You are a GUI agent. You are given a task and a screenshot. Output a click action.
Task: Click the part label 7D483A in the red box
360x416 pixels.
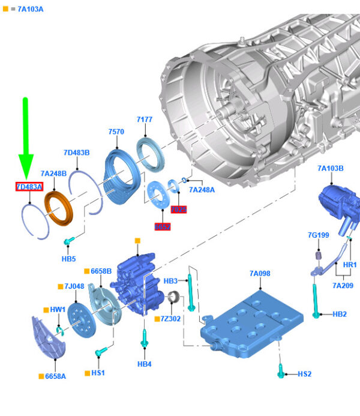[29, 187]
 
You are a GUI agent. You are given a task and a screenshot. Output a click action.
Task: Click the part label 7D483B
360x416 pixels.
[77, 153]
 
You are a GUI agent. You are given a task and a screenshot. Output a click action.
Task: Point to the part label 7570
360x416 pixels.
[116, 131]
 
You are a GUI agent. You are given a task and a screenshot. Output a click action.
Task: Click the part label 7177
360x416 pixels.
[145, 119]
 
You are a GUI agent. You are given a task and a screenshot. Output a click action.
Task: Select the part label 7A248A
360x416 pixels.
[202, 190]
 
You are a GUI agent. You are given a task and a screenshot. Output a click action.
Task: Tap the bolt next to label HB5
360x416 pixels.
[68, 241]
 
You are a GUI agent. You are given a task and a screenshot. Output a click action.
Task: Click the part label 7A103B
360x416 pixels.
[331, 169]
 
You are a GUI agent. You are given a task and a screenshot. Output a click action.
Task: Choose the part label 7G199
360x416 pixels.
[319, 235]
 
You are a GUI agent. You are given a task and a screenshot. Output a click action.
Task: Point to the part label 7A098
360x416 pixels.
[260, 274]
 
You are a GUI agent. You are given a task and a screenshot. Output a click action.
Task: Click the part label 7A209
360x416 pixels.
[343, 285]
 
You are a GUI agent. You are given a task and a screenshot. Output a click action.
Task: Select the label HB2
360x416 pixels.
[340, 314]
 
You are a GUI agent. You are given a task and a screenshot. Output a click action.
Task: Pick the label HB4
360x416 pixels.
[144, 364]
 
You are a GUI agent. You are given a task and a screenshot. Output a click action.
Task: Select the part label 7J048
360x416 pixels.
[74, 286]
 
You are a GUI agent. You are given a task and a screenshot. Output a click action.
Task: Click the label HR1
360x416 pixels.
[350, 265]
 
